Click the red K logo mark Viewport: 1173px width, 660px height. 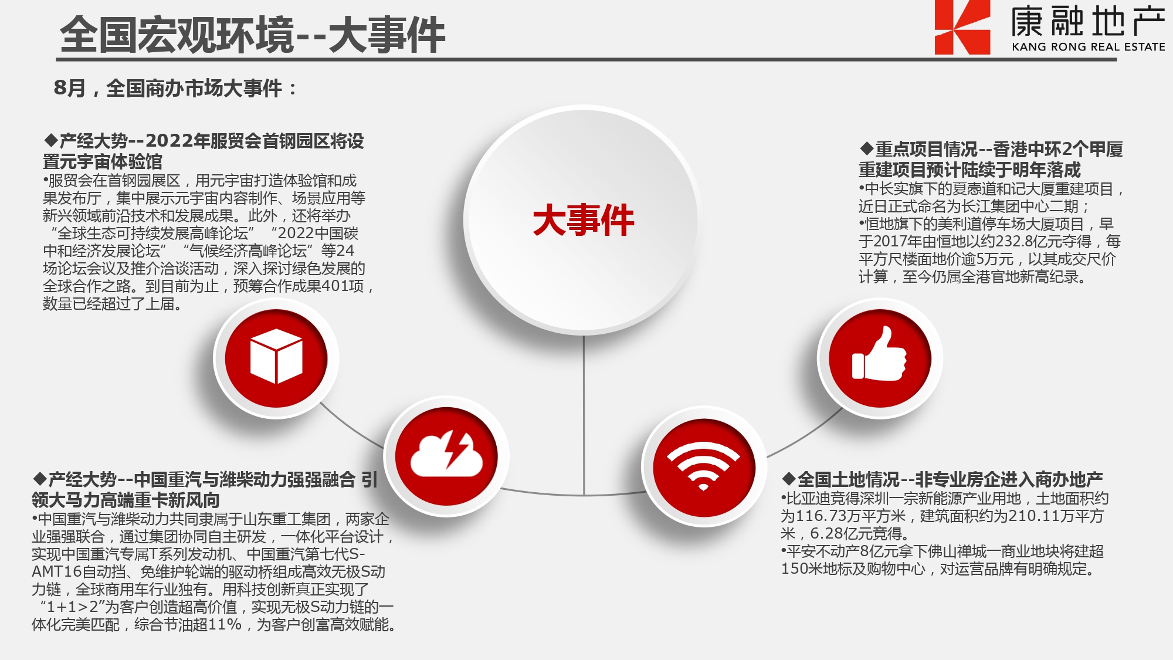962,27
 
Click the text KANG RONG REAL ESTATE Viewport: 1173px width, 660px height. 1089,47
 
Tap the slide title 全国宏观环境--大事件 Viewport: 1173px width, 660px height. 253,35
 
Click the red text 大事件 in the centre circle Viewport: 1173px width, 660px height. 584,220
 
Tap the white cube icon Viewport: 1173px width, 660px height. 276,357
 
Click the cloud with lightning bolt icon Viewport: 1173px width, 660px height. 447,455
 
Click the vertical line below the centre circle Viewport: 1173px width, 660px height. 584,415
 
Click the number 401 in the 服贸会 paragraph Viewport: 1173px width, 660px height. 335,286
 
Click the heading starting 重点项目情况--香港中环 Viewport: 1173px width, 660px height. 991,160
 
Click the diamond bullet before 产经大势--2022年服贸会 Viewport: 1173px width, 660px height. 51,141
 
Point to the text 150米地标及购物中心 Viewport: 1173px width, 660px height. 853,569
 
